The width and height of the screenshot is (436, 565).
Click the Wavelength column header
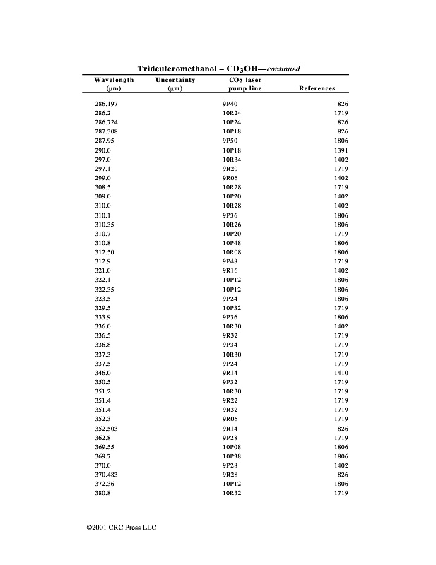(114, 81)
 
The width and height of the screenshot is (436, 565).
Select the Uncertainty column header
(175, 81)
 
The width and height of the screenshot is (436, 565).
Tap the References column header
(317, 89)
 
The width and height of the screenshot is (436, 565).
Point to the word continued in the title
(283, 69)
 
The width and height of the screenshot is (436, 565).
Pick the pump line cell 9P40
(230, 104)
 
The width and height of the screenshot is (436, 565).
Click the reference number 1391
(341, 150)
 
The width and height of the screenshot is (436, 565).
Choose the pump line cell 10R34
(232, 160)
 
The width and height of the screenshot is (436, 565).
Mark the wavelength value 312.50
(105, 252)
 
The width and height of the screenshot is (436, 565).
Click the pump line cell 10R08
(232, 252)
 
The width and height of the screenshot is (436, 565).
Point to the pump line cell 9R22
(230, 400)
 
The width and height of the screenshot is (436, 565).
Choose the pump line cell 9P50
(230, 141)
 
